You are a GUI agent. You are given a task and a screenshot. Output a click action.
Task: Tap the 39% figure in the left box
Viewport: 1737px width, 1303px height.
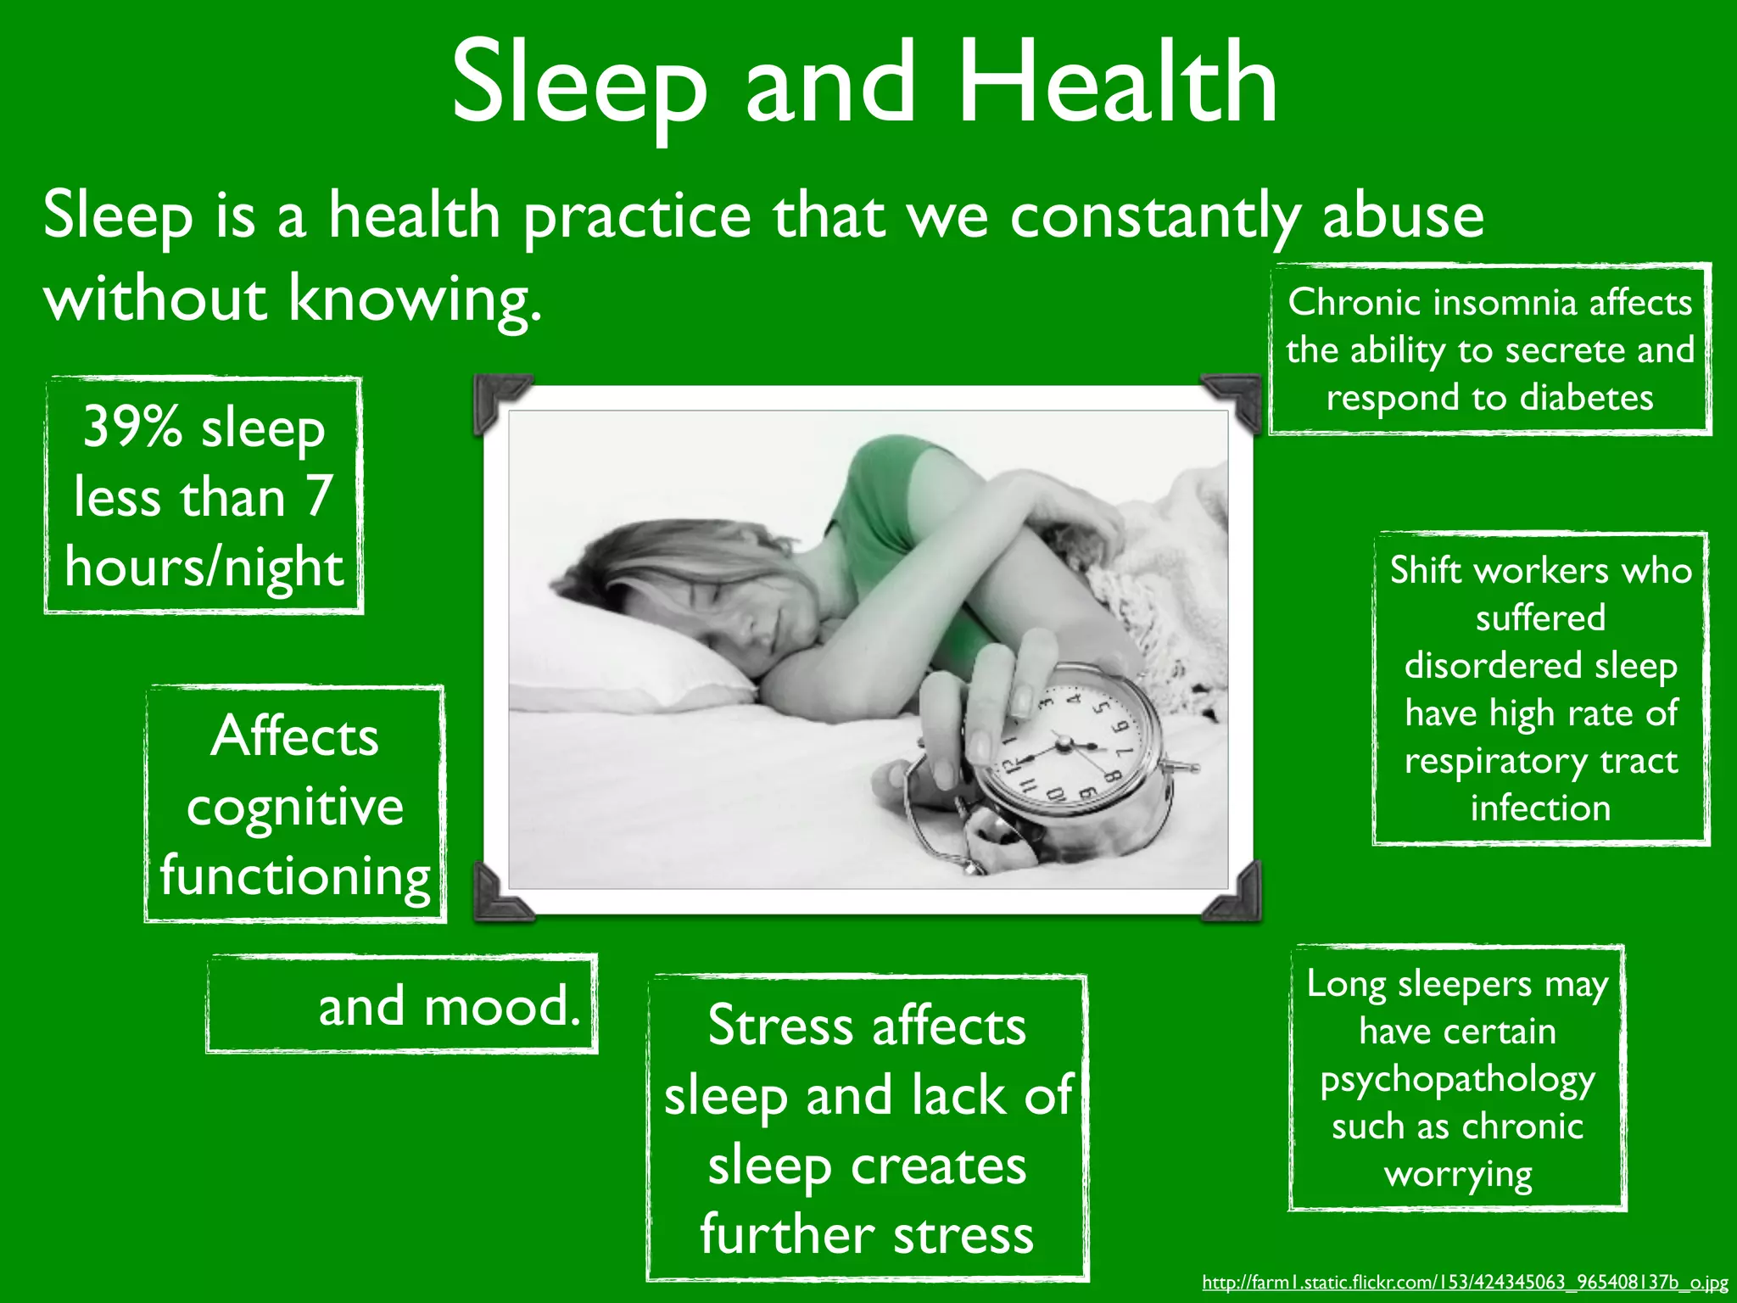pyautogui.click(x=132, y=426)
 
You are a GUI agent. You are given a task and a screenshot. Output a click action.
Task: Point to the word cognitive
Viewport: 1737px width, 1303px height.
pyautogui.click(x=295, y=806)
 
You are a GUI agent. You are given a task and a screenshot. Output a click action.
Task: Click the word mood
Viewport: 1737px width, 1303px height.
pyautogui.click(x=500, y=1006)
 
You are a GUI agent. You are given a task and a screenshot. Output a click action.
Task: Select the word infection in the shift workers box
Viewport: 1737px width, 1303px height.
pyautogui.click(x=1540, y=808)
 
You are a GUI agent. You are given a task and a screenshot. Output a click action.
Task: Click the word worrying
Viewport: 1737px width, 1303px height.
pyautogui.click(x=1457, y=1175)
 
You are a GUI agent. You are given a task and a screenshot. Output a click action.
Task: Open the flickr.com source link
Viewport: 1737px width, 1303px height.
pyautogui.click(x=1465, y=1283)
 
